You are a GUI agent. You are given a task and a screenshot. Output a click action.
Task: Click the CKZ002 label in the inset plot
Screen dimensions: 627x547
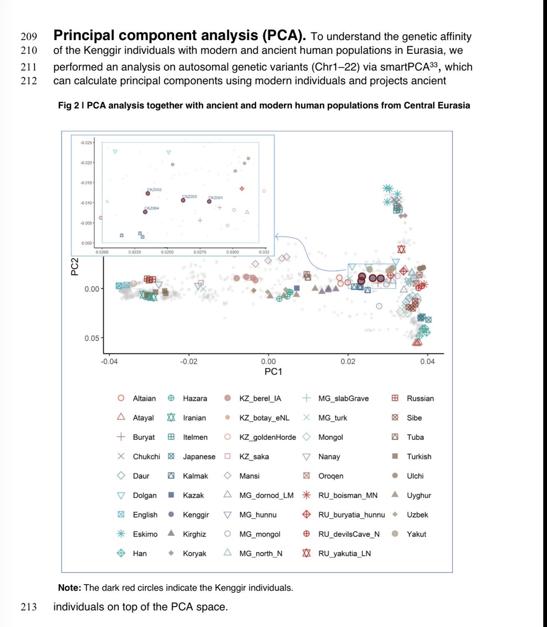(154, 190)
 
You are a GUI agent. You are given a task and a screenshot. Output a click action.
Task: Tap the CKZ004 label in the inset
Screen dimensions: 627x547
(152, 208)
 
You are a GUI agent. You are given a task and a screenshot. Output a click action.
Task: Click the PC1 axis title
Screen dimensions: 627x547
(273, 371)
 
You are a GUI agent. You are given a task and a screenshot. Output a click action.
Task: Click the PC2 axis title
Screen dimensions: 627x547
(75, 267)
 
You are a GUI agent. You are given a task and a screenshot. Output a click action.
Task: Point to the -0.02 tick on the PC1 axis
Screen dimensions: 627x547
(189, 361)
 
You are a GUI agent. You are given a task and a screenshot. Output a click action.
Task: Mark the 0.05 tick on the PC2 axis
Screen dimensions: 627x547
(92, 338)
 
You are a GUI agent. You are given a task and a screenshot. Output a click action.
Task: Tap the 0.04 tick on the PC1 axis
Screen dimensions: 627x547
(427, 361)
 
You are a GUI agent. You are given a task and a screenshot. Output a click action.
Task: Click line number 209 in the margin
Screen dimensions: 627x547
(29, 37)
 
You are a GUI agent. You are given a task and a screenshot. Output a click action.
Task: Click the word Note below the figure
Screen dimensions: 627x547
(69, 588)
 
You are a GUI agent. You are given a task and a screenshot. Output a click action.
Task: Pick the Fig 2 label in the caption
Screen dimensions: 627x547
(68, 105)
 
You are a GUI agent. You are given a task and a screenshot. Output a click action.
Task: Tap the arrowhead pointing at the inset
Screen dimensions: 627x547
(277, 237)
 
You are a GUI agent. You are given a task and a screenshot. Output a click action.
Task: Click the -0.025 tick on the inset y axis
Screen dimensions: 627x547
(87, 143)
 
